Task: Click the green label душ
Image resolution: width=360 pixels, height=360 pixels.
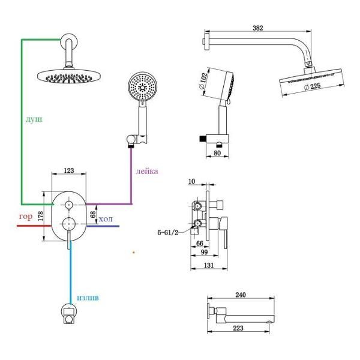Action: point(34,119)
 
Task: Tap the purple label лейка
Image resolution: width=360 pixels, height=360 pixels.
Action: point(147,171)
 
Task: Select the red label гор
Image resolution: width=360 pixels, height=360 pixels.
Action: point(26,217)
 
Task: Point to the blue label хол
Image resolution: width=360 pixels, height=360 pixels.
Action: point(106,219)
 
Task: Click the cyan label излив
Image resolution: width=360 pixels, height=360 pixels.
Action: point(88,298)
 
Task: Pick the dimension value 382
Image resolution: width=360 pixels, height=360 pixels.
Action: point(258,28)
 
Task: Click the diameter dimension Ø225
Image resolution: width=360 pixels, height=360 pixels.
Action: point(312,86)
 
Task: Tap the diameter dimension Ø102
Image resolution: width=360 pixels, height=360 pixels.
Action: point(202,81)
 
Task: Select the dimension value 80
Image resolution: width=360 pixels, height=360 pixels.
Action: point(217,153)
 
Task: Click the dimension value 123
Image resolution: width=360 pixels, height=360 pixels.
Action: point(69,170)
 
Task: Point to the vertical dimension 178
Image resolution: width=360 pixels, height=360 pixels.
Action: point(40,216)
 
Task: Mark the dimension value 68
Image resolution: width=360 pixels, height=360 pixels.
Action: point(93,214)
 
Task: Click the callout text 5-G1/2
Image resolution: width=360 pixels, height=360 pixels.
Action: point(167,233)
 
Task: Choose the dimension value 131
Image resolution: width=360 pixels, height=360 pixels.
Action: point(209,265)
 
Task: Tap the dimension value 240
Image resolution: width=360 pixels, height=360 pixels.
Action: point(241,295)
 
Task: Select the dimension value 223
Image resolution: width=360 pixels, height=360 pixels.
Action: point(238,328)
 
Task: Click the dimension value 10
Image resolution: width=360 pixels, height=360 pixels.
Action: point(191,181)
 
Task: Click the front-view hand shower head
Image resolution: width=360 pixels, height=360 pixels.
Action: point(143,86)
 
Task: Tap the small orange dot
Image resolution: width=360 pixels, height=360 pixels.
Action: point(134,253)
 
